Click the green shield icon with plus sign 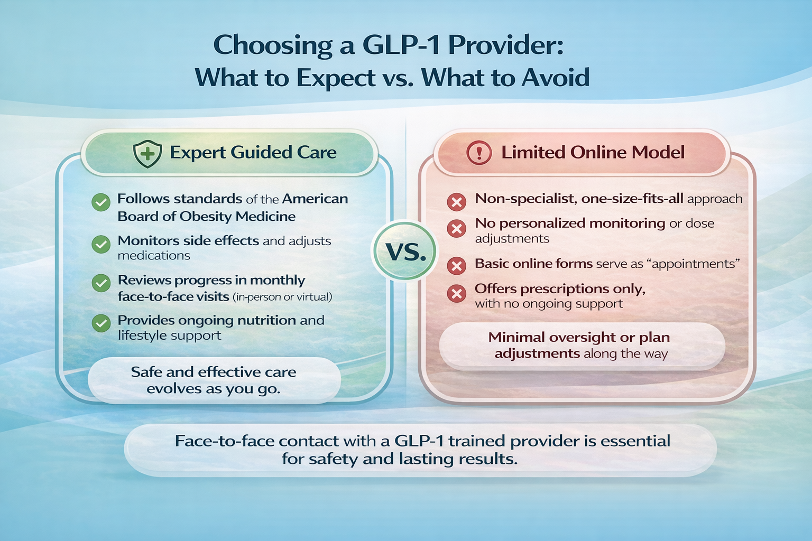(147, 154)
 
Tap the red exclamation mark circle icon (479, 153)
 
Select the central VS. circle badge (405, 251)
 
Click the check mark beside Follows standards (101, 202)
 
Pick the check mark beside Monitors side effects (101, 244)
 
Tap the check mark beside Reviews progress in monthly (101, 283)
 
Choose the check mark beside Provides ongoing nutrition (101, 323)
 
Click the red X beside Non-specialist (456, 202)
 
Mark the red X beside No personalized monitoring (456, 229)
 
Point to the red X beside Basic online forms (456, 266)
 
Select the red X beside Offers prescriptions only (456, 293)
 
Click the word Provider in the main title (505, 45)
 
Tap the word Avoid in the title (556, 78)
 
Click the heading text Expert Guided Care (253, 153)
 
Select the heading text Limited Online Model (593, 153)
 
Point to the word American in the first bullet (315, 199)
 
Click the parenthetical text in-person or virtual (282, 297)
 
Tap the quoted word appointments (693, 264)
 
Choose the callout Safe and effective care (214, 380)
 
